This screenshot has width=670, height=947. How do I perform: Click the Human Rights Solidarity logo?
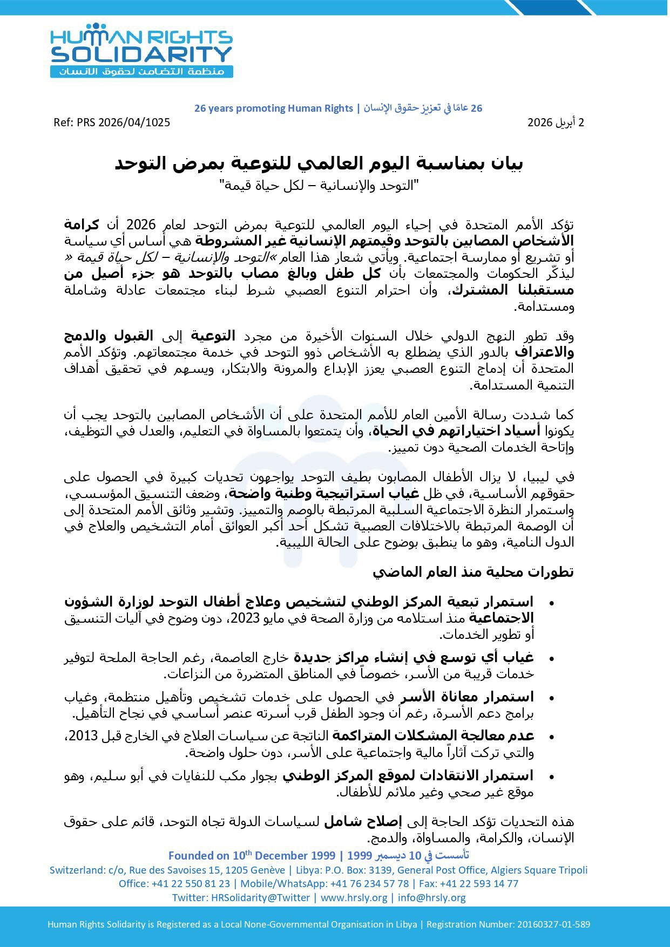coord(141,50)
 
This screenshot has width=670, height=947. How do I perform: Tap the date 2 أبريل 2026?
coord(556,122)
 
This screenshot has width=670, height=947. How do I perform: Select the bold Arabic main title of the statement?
coord(319,163)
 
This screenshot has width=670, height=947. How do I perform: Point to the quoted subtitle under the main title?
coord(319,186)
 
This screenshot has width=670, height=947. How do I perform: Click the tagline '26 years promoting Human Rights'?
coord(273,108)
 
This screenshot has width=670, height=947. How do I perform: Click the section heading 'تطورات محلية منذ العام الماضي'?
coord(473,572)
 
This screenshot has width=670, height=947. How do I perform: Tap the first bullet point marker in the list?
coord(551,602)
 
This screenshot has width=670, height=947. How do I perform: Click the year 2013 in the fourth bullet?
coord(85,735)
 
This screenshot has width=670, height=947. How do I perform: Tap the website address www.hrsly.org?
coord(354,897)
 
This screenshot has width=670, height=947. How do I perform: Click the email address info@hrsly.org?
coord(432,897)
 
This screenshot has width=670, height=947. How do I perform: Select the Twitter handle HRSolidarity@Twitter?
coord(260,897)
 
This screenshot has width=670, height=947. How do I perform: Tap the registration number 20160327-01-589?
coord(553,924)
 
